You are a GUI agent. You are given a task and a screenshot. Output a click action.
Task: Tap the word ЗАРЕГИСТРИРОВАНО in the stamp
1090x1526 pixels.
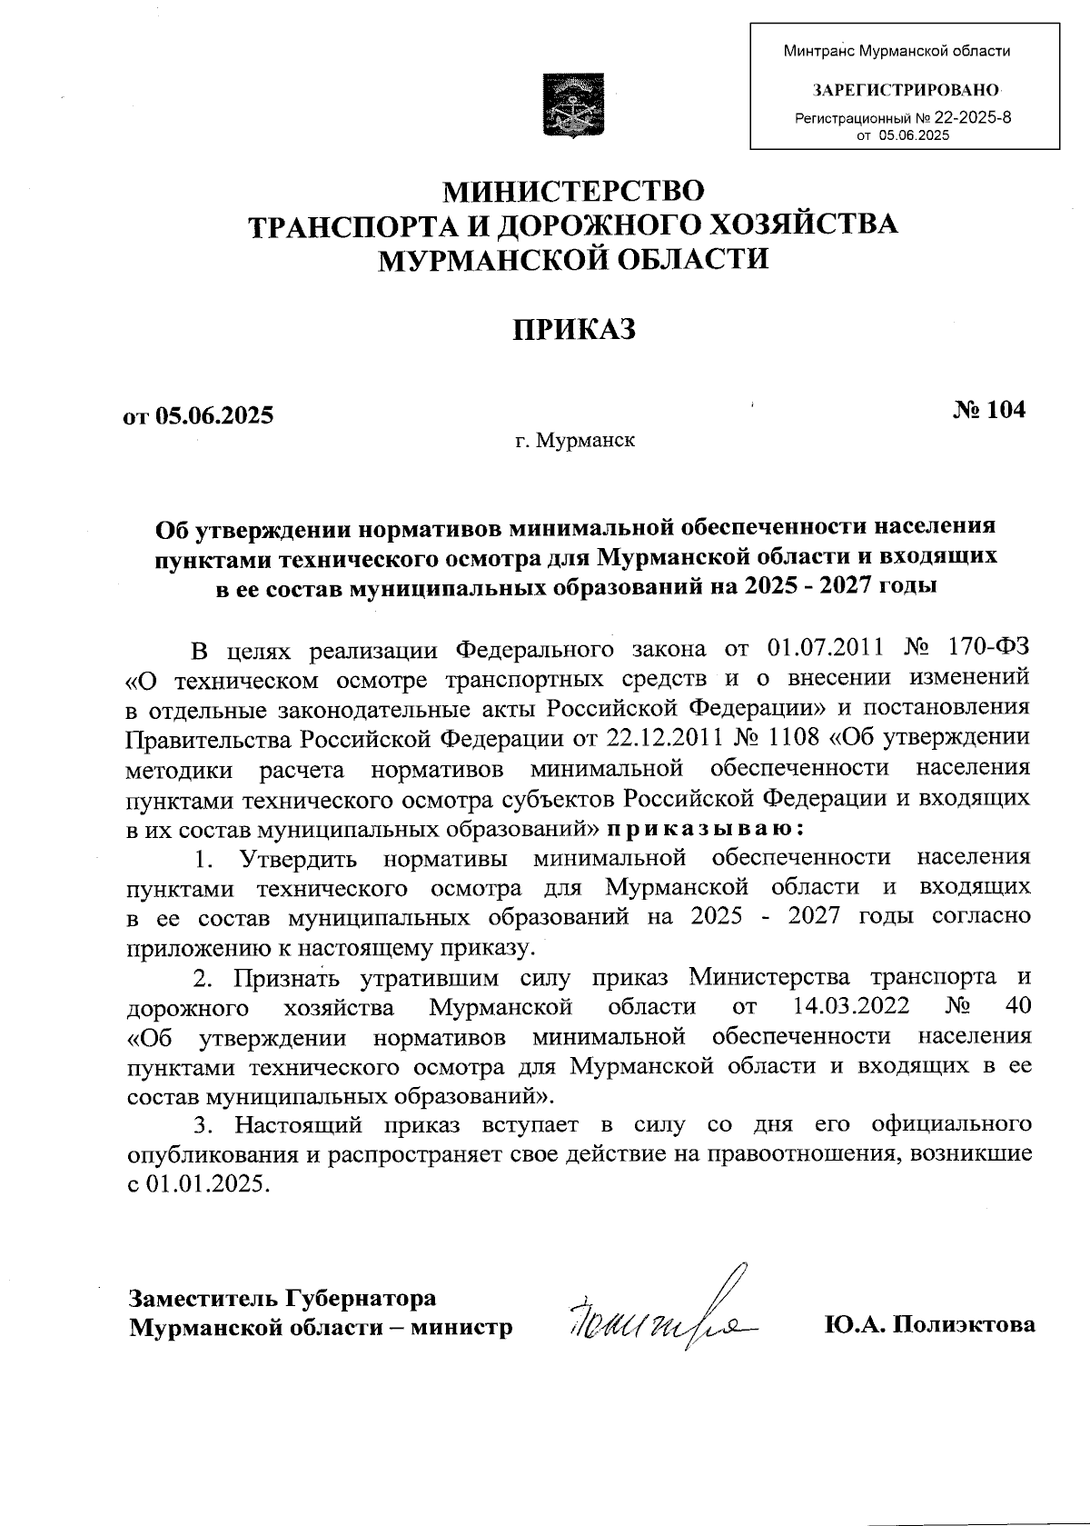click(906, 90)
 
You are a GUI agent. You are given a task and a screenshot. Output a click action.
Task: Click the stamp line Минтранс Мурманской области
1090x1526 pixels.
click(897, 52)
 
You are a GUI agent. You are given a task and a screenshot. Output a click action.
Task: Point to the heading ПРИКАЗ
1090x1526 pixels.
click(571, 329)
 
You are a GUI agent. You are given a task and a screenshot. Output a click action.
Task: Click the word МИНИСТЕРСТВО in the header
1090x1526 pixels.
click(572, 193)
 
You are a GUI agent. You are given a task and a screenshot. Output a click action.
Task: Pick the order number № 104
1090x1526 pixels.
click(989, 410)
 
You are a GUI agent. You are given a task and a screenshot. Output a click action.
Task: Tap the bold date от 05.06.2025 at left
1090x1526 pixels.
click(198, 416)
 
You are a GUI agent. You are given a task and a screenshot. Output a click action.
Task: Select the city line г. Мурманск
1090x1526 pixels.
click(575, 443)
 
